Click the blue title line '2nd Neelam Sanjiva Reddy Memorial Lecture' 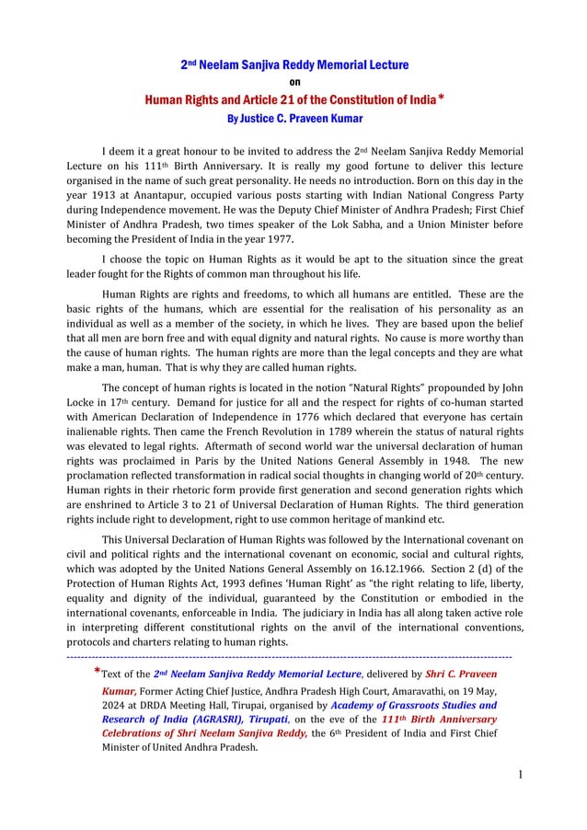(x=293, y=65)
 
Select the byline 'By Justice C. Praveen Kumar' (x=293, y=118)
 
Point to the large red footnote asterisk (x=97, y=672)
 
